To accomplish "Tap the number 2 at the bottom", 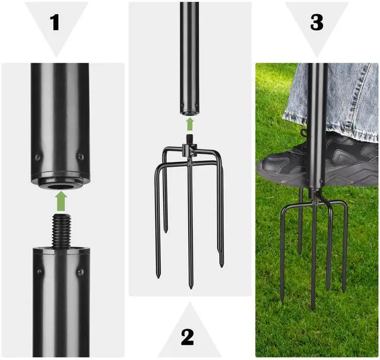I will [187, 336].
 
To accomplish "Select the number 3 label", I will [317, 22].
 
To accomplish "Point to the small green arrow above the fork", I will [189, 124].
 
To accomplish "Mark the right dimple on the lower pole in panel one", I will [80, 272].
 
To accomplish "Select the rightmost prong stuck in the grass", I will [344, 249].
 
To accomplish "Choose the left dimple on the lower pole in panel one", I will [39, 272].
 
